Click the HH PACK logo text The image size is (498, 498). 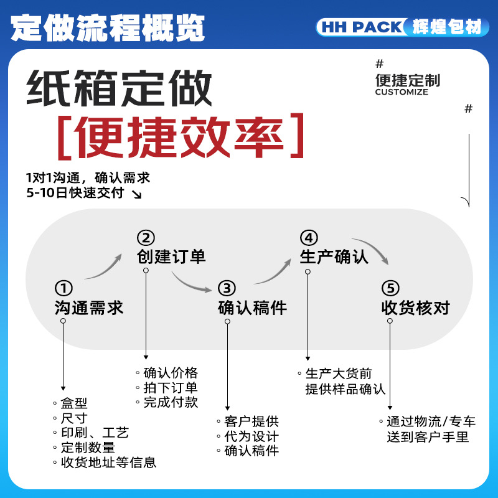362,27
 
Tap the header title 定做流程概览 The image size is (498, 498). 108,27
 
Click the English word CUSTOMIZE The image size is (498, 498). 402,92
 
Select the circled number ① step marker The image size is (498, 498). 63,288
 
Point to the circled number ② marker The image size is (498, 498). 146,238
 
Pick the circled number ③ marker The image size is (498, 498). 227,288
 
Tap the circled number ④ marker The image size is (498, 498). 309,238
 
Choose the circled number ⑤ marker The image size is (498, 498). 390,288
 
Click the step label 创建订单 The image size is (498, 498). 171,256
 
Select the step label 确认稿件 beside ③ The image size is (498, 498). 253,308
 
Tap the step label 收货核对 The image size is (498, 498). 416,308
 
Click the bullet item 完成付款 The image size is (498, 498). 171,402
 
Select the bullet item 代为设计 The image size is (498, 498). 251,436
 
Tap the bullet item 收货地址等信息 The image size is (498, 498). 108,462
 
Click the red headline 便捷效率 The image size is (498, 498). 180,136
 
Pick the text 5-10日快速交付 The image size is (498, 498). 75,193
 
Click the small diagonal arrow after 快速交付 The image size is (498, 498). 136,194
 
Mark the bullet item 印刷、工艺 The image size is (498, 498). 95,433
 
